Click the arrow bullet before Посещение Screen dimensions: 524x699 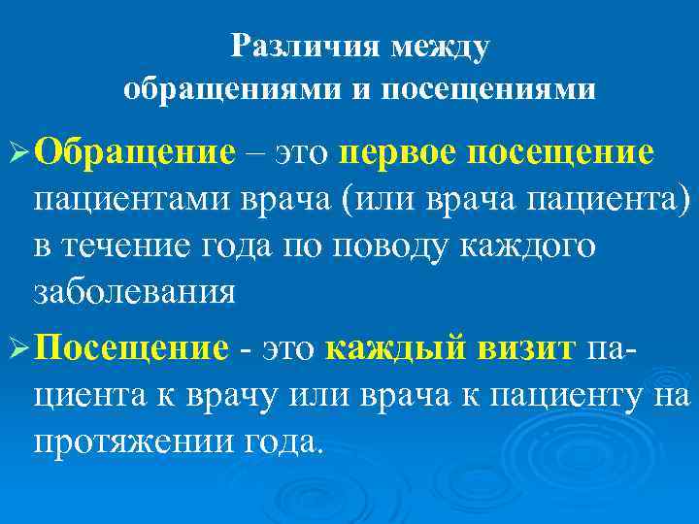[x=18, y=350]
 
